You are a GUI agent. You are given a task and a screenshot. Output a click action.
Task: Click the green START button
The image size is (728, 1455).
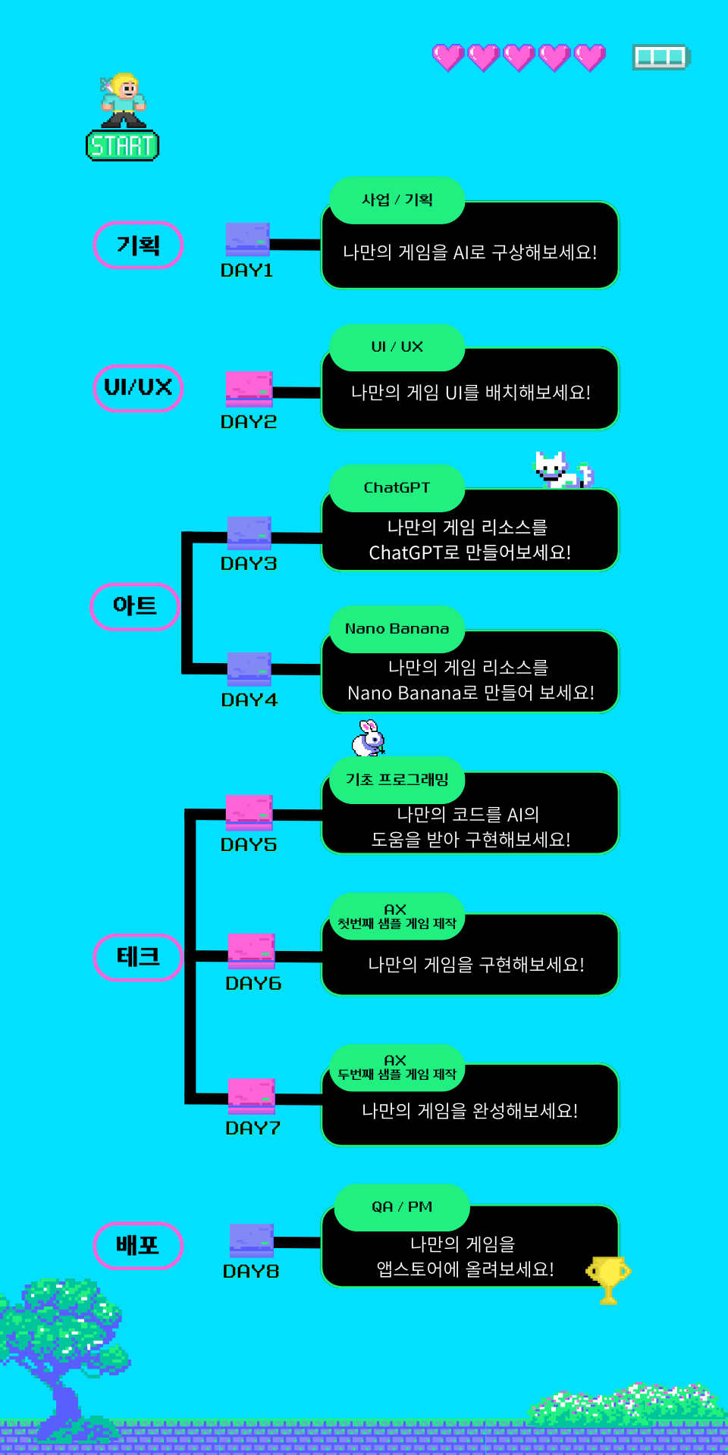point(122,145)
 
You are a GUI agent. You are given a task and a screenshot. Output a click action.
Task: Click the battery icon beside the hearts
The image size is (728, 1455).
point(661,57)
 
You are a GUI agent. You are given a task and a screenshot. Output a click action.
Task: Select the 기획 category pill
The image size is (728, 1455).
point(138,245)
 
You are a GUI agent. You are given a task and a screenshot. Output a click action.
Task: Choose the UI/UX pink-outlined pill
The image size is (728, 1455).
point(138,387)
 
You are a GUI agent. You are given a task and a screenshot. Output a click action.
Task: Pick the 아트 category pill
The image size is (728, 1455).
point(135,606)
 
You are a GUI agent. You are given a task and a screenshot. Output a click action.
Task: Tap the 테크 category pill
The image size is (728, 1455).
point(138,957)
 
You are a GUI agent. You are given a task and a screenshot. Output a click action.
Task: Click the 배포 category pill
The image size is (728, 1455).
point(138,1245)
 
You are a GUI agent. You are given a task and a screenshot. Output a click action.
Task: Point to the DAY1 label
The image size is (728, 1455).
point(246,271)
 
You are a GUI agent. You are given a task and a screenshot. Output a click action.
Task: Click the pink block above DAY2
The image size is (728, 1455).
point(249,388)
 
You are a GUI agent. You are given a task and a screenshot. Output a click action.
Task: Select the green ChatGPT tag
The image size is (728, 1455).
point(397,488)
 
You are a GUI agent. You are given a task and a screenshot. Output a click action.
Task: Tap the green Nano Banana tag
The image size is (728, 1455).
point(397,629)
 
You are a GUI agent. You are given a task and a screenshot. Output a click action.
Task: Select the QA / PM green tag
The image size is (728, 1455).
point(402,1207)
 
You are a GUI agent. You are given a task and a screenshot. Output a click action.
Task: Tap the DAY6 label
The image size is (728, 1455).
point(253,984)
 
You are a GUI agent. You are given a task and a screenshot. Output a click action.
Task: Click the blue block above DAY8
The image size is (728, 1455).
point(252,1240)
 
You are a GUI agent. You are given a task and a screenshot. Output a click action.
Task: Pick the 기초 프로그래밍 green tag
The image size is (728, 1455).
point(397,780)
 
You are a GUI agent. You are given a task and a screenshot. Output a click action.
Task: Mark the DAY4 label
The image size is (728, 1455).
point(249,700)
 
